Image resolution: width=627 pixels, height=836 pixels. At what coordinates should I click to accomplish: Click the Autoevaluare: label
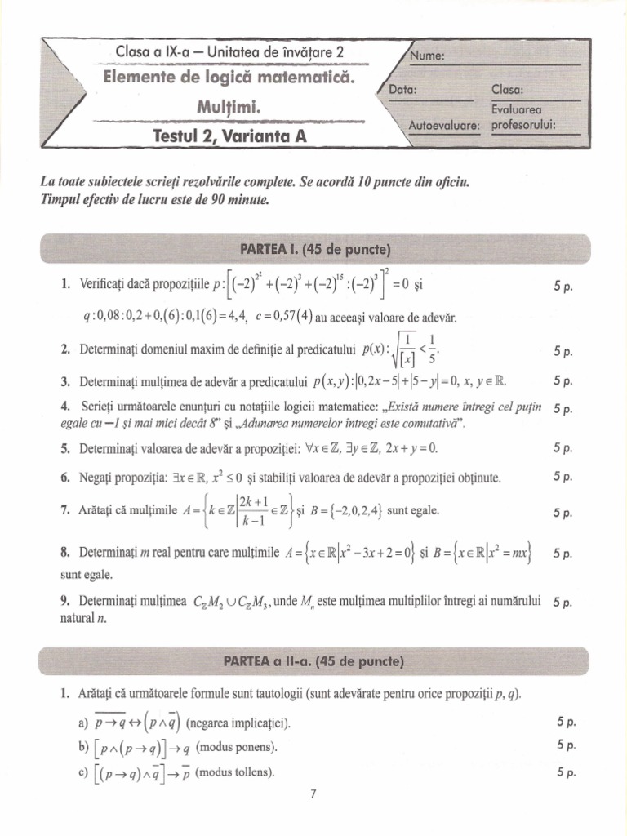pyautogui.click(x=445, y=125)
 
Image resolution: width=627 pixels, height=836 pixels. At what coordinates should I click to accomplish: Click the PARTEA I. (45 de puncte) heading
pyautogui.click(x=315, y=248)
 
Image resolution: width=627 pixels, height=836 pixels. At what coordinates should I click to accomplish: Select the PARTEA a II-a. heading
pyautogui.click(x=314, y=660)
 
